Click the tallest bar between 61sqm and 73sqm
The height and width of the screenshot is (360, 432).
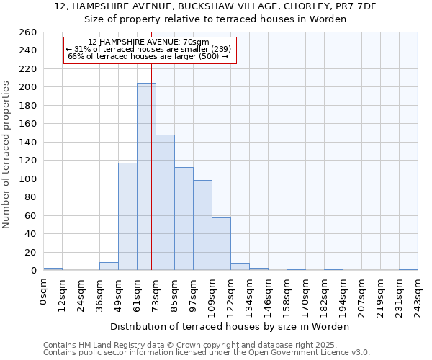146,176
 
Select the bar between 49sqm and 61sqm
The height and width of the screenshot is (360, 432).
127,216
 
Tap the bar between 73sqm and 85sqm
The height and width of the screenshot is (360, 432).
165,202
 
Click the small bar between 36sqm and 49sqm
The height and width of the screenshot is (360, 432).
109,266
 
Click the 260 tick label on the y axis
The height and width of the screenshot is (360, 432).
27,32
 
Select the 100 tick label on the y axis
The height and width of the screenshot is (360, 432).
27,179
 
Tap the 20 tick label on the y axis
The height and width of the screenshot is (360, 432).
30,253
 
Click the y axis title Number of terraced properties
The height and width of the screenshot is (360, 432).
7,155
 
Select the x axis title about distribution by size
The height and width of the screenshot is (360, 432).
230,326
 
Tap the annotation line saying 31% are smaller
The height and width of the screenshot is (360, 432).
148,49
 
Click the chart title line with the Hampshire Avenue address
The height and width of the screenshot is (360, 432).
216,6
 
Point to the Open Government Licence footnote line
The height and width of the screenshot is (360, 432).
207,353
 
